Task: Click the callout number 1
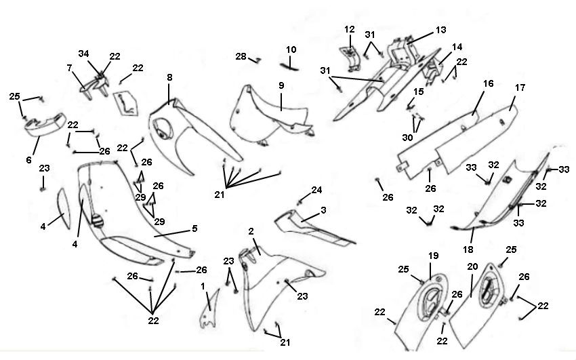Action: (x=202, y=286)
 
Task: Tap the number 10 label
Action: (x=291, y=49)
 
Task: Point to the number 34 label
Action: (x=83, y=54)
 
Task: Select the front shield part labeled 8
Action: (x=190, y=136)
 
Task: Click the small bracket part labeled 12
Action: (x=350, y=58)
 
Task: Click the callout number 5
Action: (x=194, y=229)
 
